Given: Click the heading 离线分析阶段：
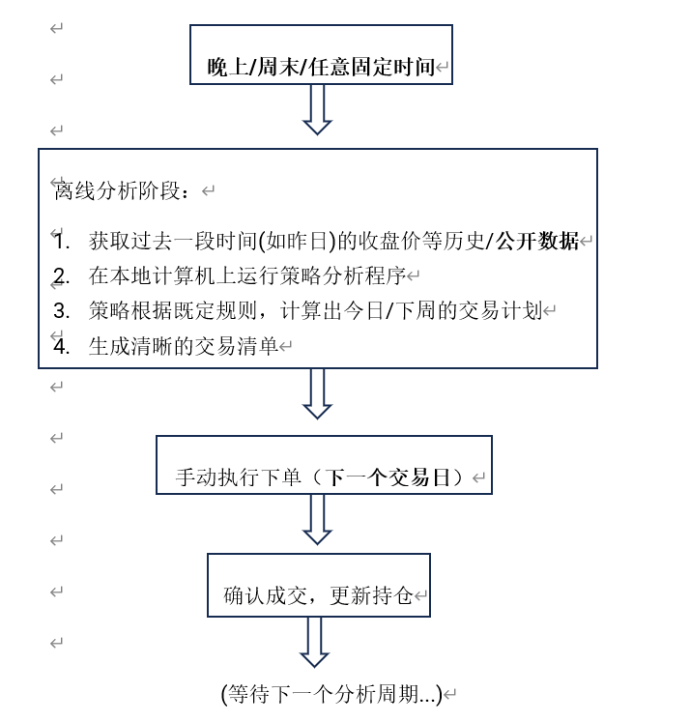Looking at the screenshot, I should tap(124, 191).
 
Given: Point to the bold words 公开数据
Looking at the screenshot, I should tap(537, 242).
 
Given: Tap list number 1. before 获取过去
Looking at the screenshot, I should tap(62, 242).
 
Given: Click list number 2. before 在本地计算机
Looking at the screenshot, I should tap(62, 276).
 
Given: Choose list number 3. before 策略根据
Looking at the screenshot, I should tap(62, 311).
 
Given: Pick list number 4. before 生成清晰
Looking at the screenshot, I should tap(62, 346).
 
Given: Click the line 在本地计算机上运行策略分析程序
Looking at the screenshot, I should tap(246, 276).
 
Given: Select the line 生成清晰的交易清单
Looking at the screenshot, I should tap(183, 346).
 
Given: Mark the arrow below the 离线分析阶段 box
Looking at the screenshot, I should tap(317, 394).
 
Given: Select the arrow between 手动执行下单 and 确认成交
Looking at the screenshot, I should tap(317, 520).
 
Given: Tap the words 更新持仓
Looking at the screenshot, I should tap(372, 595).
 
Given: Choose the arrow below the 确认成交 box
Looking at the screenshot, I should tap(314, 642).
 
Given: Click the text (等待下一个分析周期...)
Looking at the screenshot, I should tap(331, 694).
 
